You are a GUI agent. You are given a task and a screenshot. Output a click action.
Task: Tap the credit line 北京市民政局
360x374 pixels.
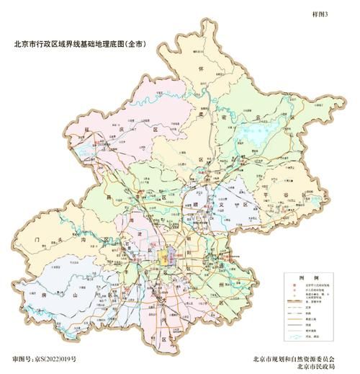(x=320, y=367)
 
